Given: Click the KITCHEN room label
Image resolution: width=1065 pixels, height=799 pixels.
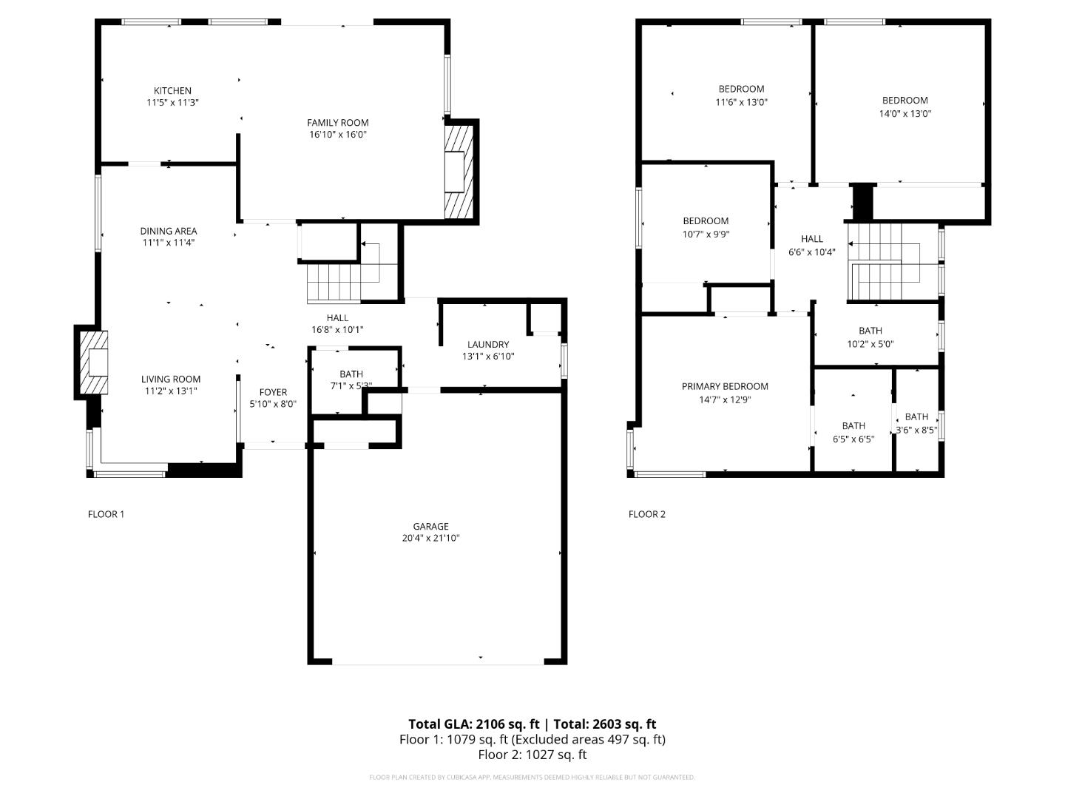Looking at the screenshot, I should [172, 91].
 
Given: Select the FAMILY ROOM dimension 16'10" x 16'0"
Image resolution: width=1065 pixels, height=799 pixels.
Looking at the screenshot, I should [337, 135].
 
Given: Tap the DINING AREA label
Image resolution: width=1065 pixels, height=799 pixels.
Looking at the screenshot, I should [169, 231].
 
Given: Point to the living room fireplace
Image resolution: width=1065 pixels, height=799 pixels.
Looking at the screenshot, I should [94, 363].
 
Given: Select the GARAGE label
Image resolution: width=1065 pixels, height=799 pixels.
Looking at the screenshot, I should [430, 527].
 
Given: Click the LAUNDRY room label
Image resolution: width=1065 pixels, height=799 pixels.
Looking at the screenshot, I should [488, 344].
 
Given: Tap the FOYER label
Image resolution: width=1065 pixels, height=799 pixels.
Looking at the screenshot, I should [273, 392].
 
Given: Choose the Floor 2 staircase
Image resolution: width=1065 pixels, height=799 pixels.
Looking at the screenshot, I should [891, 263].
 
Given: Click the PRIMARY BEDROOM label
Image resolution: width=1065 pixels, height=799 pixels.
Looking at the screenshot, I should [725, 386].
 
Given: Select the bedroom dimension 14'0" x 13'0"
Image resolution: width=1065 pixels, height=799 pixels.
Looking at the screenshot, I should [905, 114].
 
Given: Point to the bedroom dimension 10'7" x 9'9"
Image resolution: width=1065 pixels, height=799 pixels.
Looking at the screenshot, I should [706, 235].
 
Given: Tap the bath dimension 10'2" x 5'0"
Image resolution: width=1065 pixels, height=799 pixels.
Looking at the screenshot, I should [870, 344].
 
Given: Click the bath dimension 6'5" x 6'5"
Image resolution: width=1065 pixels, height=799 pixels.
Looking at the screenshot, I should [853, 439].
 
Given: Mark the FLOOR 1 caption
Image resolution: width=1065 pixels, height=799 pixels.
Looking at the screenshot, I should [106, 514].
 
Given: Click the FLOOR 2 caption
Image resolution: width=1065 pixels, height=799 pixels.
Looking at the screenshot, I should [647, 514].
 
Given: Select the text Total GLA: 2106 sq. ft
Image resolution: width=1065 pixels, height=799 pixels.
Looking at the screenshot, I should [473, 724].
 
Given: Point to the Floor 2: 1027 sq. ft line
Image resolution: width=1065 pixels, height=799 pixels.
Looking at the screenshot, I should [532, 755].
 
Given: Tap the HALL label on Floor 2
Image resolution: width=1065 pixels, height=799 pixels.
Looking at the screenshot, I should [812, 239].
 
